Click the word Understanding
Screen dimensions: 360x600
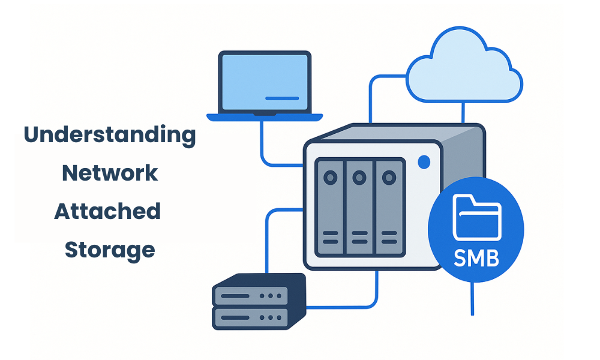coord(110,136)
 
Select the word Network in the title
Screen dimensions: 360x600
coord(110,173)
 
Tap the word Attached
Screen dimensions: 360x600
coord(108,211)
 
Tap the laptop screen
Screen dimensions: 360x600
coord(264,81)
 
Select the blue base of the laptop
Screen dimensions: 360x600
coord(264,117)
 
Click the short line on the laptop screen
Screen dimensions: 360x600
coord(281,98)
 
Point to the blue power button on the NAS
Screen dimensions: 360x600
coord(424,162)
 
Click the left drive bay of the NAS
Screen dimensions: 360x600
coord(329,207)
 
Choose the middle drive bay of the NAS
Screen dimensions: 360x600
coord(359,207)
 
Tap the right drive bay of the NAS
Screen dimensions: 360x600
coord(389,207)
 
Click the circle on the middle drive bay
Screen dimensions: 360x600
coord(359,178)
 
